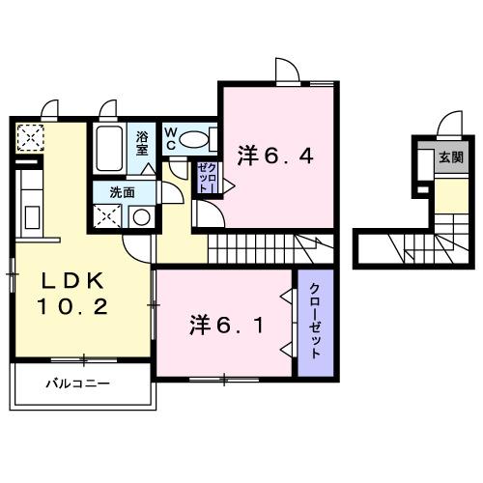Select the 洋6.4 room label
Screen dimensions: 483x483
tap(276, 155)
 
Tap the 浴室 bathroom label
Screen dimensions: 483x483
tap(141, 143)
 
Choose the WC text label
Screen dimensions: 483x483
tap(169, 138)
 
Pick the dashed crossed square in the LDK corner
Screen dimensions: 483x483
tap(30, 138)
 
